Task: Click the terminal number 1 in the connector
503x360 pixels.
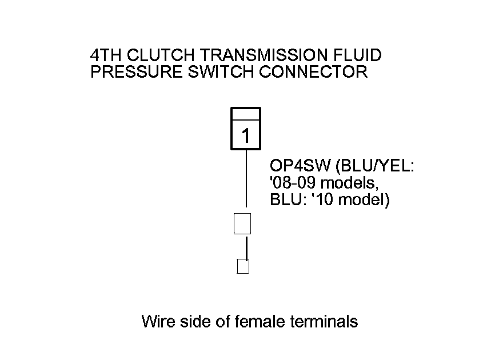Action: pyautogui.click(x=246, y=136)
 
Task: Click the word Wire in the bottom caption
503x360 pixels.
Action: pyautogui.click(x=158, y=322)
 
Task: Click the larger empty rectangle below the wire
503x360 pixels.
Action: pyautogui.click(x=243, y=223)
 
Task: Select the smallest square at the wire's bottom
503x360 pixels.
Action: pyautogui.click(x=243, y=266)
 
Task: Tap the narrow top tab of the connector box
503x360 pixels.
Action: pyautogui.click(x=246, y=114)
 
